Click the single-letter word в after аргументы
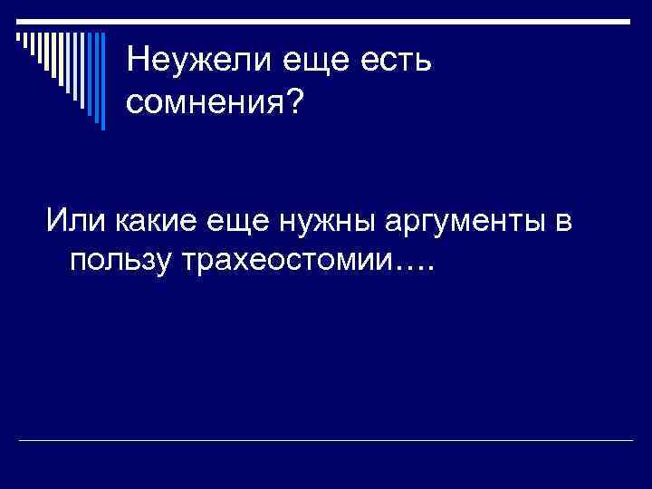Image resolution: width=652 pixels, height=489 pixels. pyautogui.click(x=562, y=219)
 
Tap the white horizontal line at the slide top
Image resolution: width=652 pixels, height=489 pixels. pyautogui.click(x=326, y=21)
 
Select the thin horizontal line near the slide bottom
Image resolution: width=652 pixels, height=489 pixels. pyautogui.click(x=326, y=440)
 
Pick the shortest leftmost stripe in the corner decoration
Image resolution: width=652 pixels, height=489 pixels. pyautogui.click(x=19, y=37)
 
